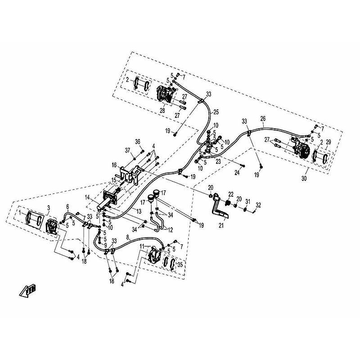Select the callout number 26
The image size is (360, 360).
[263, 119]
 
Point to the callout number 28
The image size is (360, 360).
[162, 110]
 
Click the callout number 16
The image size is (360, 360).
[115, 165]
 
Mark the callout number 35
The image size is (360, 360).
[181, 264]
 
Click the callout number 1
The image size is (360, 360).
[20, 211]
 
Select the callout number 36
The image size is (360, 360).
[138, 142]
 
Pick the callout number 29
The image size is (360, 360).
[328, 142]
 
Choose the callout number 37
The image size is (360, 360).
[128, 150]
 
